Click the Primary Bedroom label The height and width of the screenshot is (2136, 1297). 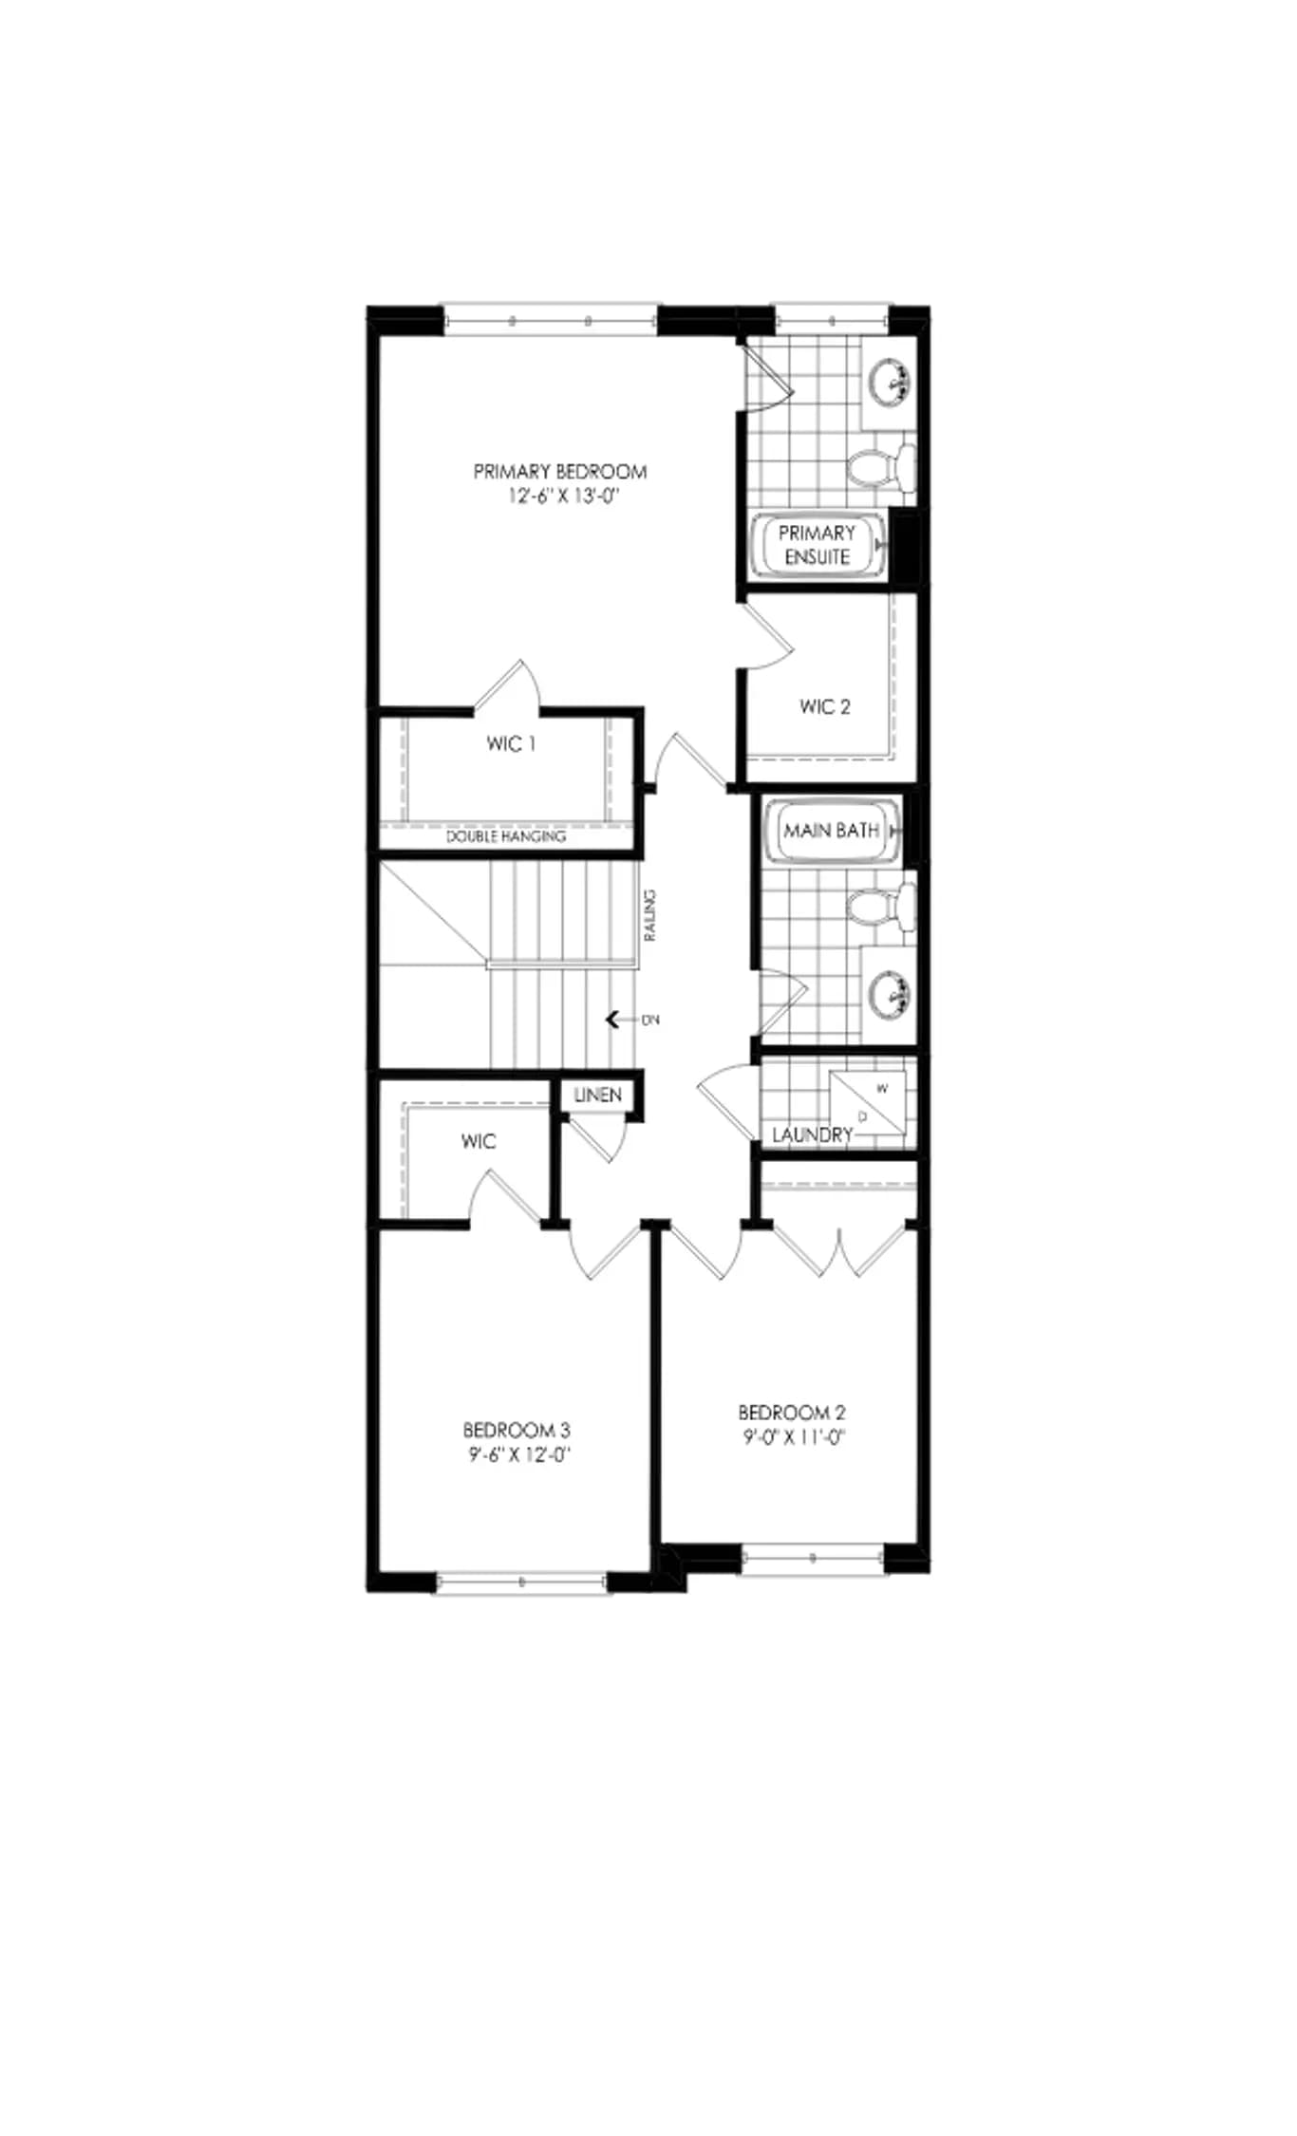(x=560, y=471)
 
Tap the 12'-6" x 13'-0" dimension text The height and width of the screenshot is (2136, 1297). (x=562, y=497)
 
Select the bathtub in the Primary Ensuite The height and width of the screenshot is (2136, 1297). (x=818, y=545)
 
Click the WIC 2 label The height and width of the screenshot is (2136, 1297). (x=825, y=706)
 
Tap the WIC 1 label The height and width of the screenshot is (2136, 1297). (x=511, y=744)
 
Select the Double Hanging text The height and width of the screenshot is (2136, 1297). (x=506, y=836)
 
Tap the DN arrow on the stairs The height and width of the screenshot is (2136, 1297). (x=621, y=1020)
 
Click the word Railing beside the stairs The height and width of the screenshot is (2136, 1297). (x=650, y=915)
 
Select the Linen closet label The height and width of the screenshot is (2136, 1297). (x=598, y=1095)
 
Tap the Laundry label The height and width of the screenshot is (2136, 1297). (x=812, y=1134)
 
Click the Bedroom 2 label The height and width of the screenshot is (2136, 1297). (x=792, y=1413)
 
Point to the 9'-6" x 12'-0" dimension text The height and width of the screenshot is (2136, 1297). (x=518, y=1454)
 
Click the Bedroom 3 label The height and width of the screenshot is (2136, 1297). (x=517, y=1429)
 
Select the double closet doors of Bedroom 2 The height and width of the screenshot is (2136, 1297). (x=839, y=1251)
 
